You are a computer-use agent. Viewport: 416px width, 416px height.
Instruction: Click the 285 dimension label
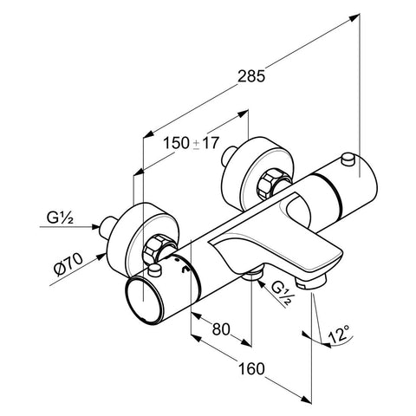(x=250, y=76)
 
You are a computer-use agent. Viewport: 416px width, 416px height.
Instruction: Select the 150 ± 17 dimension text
(x=191, y=143)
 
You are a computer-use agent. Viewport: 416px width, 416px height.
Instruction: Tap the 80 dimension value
(x=221, y=329)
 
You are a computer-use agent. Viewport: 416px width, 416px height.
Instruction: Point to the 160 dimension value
(x=251, y=369)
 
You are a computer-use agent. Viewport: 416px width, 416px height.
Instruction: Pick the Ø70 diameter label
(x=68, y=264)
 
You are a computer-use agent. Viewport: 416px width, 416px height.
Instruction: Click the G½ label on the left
(x=60, y=218)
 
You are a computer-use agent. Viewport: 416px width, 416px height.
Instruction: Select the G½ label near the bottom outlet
(x=281, y=293)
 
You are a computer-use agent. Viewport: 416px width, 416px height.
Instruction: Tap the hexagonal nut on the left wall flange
(x=153, y=249)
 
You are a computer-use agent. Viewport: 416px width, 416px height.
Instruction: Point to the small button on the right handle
(x=348, y=159)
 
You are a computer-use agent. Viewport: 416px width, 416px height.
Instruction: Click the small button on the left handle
(x=154, y=270)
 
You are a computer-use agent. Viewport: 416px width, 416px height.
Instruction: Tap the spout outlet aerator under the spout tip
(x=311, y=282)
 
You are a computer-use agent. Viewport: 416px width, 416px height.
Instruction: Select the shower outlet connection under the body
(x=252, y=275)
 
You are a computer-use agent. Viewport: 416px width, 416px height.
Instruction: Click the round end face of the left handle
(x=144, y=300)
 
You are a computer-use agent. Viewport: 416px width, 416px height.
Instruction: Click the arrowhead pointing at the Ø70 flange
(x=101, y=256)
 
